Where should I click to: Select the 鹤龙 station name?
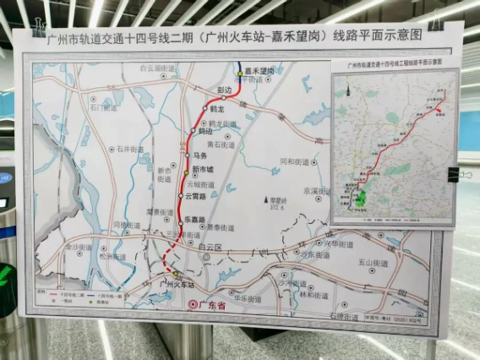(216, 109)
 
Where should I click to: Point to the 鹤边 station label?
(205, 132)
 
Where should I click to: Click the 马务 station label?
(200, 155)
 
